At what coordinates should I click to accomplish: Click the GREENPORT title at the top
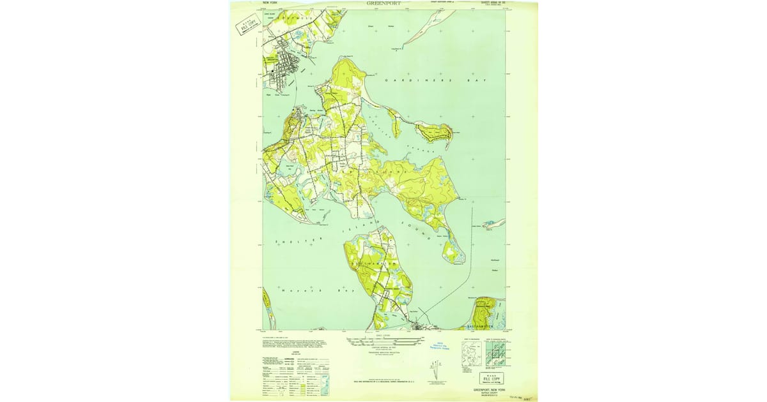(385, 3)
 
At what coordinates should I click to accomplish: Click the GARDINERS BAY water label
(422, 82)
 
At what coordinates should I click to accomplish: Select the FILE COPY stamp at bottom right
(492, 378)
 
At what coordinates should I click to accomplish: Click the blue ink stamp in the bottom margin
(435, 345)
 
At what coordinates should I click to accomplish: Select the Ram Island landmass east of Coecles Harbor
(433, 132)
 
